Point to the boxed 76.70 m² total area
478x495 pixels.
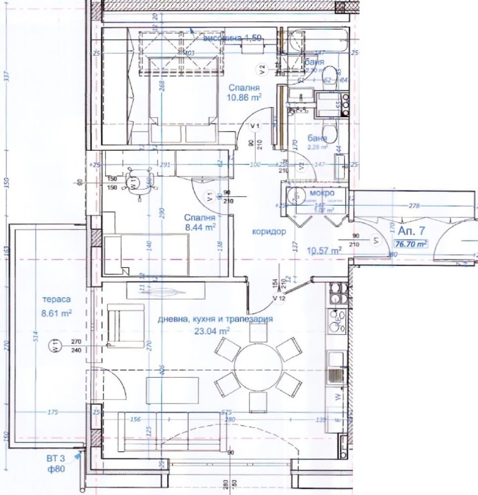(411, 244)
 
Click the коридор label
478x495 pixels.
(269, 231)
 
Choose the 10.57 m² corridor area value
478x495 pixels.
(323, 250)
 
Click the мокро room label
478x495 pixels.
(321, 194)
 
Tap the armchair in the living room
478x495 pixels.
(125, 325)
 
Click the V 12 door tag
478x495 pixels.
(278, 298)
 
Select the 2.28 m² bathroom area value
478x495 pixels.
(317, 146)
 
